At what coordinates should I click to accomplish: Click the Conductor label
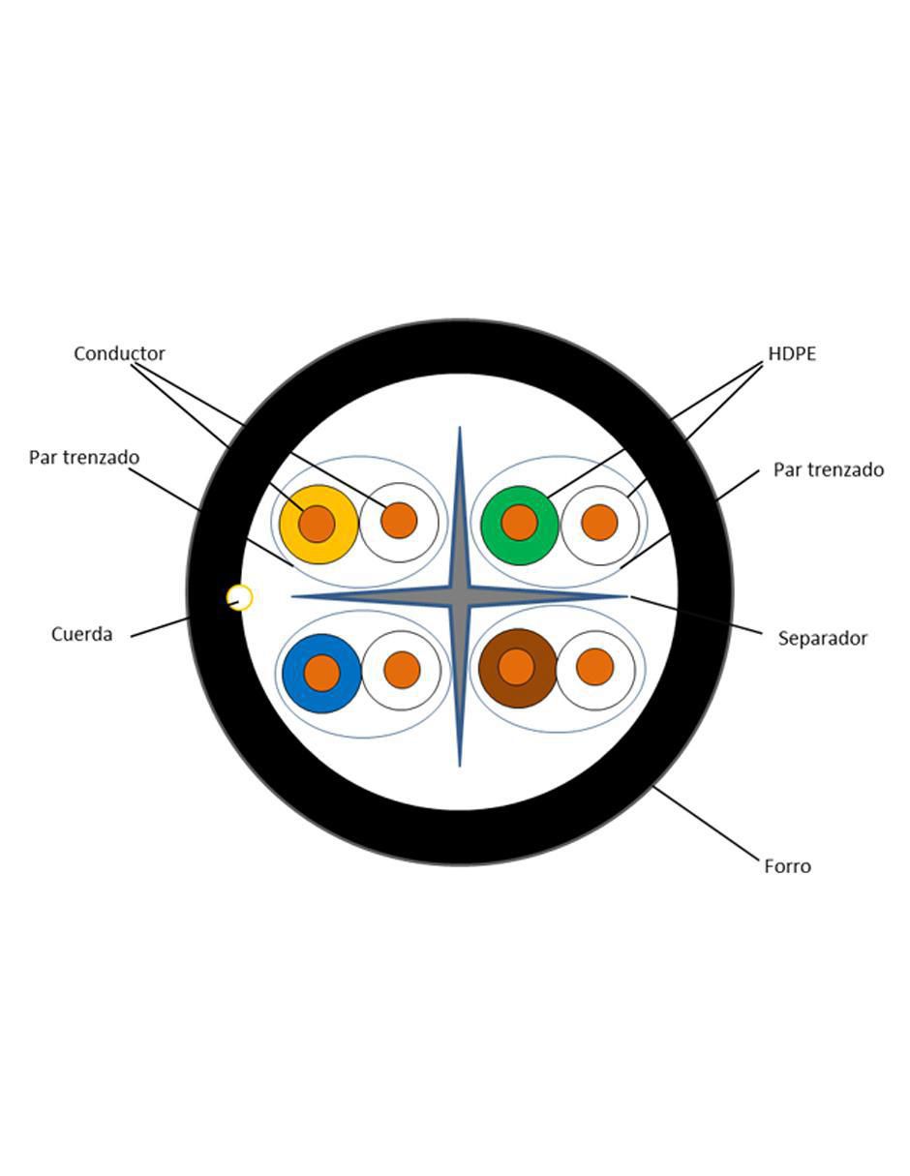(x=119, y=353)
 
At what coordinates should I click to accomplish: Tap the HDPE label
(x=792, y=353)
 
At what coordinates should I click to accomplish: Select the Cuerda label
(x=81, y=634)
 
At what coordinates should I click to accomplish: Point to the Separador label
(x=822, y=638)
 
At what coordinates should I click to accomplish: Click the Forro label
(x=787, y=866)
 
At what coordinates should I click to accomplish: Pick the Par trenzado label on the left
(x=84, y=457)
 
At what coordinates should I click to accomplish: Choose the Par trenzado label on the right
(x=829, y=469)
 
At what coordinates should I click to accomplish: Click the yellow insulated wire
(x=318, y=525)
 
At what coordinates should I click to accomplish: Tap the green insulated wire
(x=520, y=525)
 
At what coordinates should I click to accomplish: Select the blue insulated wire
(x=322, y=674)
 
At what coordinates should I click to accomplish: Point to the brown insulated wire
(x=518, y=668)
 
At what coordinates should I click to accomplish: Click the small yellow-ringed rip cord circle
(x=239, y=597)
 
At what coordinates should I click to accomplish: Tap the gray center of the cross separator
(x=460, y=596)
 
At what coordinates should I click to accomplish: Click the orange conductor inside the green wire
(x=520, y=523)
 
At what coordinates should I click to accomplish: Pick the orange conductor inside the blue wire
(x=322, y=674)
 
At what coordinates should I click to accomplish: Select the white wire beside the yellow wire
(x=399, y=523)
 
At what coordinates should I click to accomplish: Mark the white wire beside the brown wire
(x=595, y=670)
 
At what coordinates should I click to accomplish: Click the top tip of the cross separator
(x=460, y=427)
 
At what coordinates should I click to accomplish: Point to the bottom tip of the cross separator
(x=460, y=766)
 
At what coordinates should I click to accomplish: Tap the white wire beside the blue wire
(x=402, y=671)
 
